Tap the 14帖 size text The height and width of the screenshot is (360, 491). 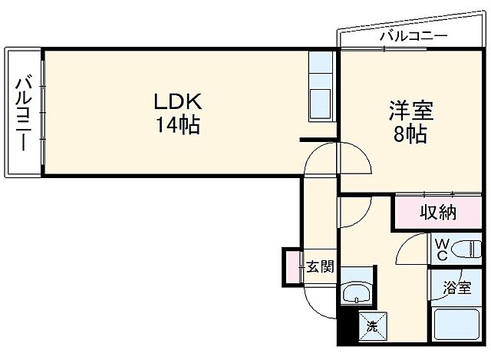click(x=178, y=124)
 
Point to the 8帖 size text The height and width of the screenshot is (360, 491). click(x=411, y=134)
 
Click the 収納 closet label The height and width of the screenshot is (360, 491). click(x=438, y=213)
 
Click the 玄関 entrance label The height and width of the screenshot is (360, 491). click(x=321, y=267)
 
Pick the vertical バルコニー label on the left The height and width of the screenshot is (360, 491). click(x=23, y=112)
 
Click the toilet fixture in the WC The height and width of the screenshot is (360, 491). click(x=467, y=249)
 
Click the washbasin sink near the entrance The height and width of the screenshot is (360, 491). click(x=354, y=293)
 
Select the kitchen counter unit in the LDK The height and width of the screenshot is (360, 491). click(x=321, y=87)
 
